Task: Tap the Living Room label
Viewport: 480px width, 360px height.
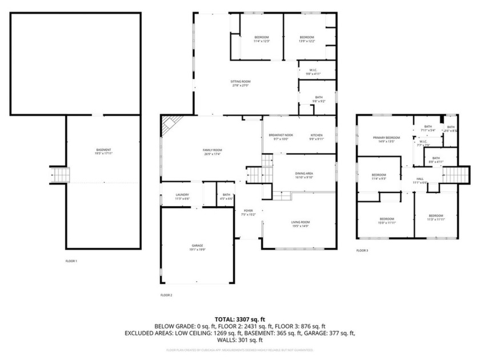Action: tap(300, 223)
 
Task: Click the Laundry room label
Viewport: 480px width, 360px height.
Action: tap(182, 197)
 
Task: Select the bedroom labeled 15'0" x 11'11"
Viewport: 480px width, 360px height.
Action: tap(387, 221)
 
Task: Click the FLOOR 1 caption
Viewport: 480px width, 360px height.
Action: tap(71, 261)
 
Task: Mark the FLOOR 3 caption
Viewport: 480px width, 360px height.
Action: tap(362, 250)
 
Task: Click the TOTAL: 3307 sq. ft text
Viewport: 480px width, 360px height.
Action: tap(240, 320)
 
